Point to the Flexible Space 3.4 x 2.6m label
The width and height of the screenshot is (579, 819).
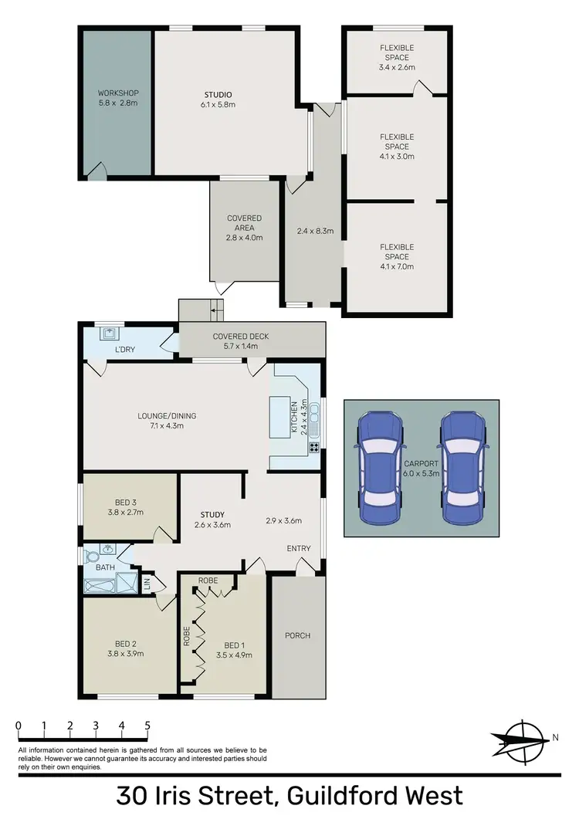click(397, 57)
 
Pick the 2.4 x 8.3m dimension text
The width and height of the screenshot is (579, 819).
click(315, 230)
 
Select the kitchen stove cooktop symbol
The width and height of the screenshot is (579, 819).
click(314, 447)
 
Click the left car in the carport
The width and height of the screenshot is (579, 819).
click(379, 468)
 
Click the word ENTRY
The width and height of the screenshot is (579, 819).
click(299, 549)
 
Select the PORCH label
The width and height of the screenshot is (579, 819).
click(297, 636)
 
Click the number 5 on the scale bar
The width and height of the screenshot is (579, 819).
click(147, 726)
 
